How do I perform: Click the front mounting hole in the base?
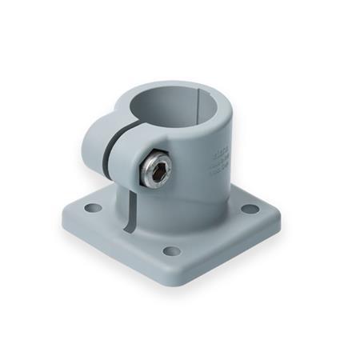coord(170,251)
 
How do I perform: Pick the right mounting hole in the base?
coord(250,210)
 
